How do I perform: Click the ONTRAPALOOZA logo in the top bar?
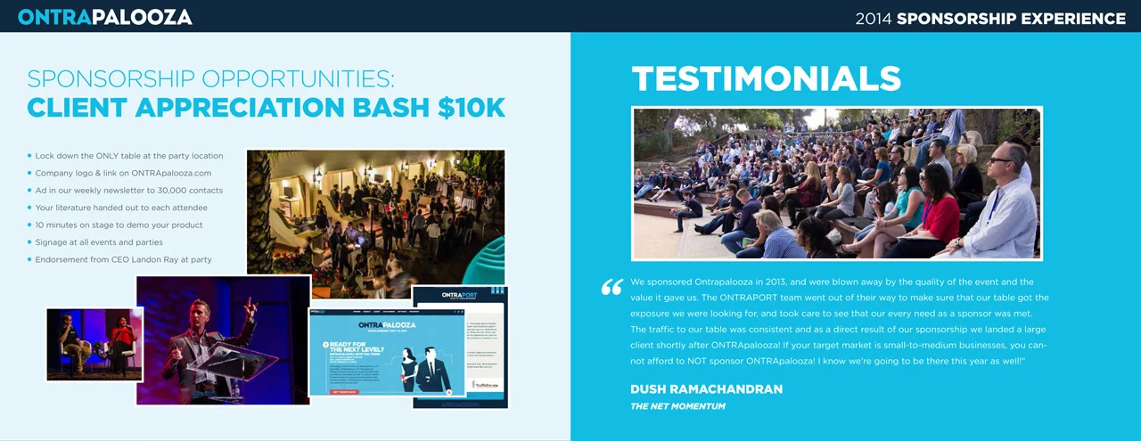(104, 17)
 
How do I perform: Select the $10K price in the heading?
(472, 108)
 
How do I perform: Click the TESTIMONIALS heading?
(767, 79)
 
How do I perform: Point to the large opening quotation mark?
(612, 287)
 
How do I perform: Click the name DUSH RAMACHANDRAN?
(706, 389)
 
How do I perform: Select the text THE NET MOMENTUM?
(677, 406)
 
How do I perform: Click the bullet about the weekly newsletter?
(128, 191)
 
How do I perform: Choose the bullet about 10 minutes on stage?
(119, 225)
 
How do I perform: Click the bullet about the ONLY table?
(128, 156)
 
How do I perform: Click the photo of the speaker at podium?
(223, 340)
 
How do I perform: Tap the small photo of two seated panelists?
(94, 344)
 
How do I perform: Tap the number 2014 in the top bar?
(874, 18)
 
